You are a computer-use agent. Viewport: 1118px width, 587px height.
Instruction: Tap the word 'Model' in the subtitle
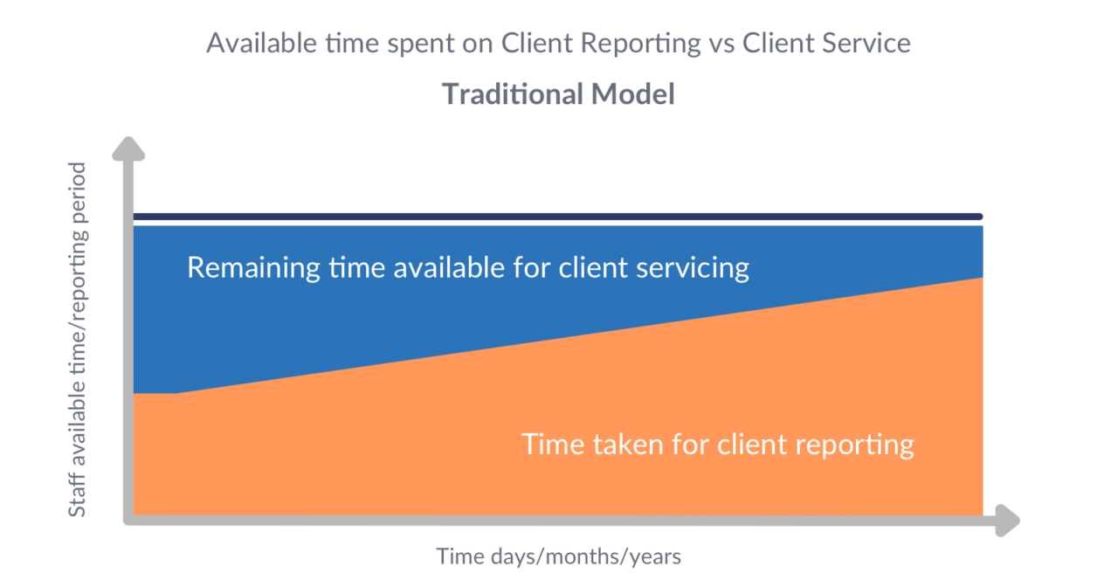click(632, 94)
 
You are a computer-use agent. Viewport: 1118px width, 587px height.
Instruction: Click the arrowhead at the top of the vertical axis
click(128, 149)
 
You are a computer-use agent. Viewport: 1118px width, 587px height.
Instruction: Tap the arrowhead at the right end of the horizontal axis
click(1007, 520)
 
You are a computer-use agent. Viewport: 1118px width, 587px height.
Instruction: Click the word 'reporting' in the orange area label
click(855, 445)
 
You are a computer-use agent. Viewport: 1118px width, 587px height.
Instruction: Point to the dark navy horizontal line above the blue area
click(559, 217)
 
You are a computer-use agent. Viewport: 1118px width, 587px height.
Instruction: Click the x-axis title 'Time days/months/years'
click(558, 556)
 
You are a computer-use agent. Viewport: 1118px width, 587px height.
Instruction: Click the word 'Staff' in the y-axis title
click(77, 494)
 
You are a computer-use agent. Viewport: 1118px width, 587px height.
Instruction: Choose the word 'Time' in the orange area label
click(551, 444)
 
